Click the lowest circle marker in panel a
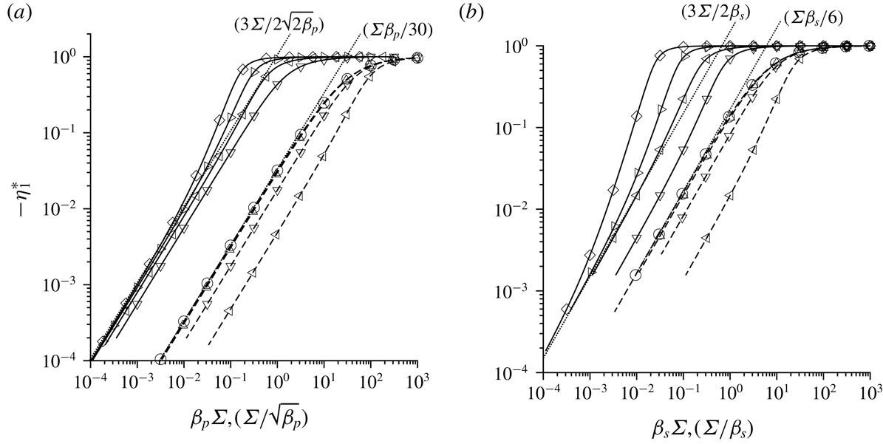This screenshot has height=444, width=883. point(160,359)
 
